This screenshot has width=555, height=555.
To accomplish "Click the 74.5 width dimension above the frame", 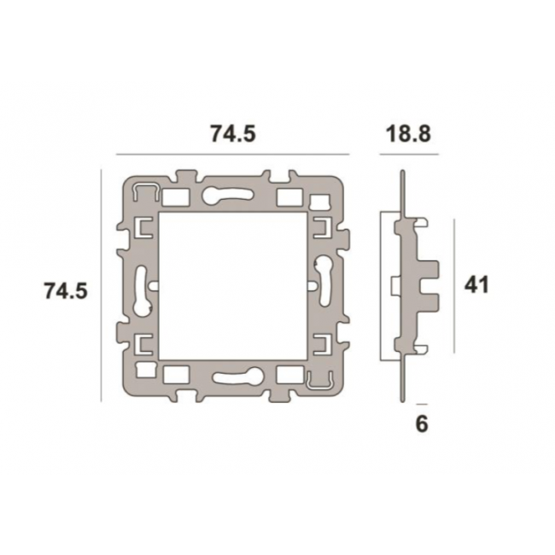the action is tap(233, 134).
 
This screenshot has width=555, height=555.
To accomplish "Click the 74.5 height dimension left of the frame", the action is tap(66, 291).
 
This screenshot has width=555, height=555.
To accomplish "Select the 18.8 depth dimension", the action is tap(408, 134).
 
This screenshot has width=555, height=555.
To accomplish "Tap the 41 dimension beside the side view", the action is tap(476, 284).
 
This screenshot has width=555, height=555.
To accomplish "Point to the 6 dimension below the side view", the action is tap(422, 424).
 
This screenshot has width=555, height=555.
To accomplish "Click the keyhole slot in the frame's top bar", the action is tap(226, 196).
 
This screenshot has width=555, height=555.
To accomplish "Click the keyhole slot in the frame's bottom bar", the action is tap(238, 376).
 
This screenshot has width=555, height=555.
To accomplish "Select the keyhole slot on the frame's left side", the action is tap(142, 291).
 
